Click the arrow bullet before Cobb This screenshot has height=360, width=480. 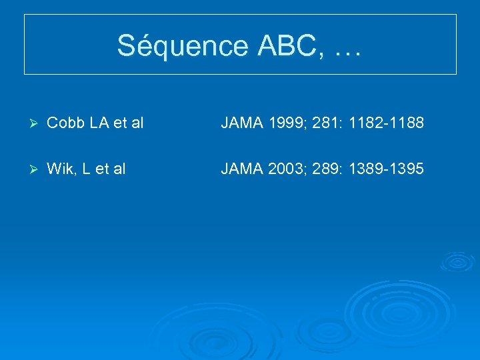click(x=35, y=124)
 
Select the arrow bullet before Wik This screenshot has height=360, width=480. click(x=35, y=169)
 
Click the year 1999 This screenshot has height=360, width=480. click(x=288, y=124)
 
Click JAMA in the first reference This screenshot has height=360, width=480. click(x=242, y=124)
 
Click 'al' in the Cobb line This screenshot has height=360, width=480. click(x=137, y=124)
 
